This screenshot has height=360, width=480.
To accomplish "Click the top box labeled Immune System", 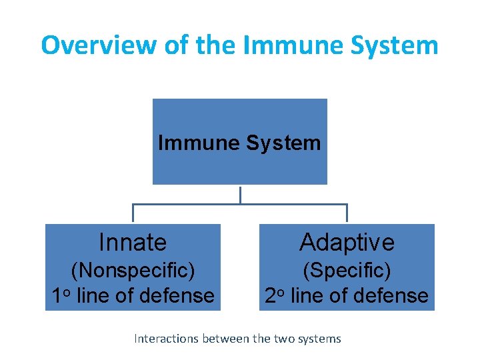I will (239, 142).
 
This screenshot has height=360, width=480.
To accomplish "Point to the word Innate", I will (133, 242).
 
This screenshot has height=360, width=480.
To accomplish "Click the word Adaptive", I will (347, 242).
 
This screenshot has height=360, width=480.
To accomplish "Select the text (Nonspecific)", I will (133, 271).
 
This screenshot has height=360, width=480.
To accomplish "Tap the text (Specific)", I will (347, 271).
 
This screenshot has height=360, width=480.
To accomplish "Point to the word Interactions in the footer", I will (163, 339).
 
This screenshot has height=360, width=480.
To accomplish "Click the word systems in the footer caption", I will (319, 339).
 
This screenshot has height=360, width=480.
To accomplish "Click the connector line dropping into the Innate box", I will (133, 213).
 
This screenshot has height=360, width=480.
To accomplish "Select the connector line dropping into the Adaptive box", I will (347, 213).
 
